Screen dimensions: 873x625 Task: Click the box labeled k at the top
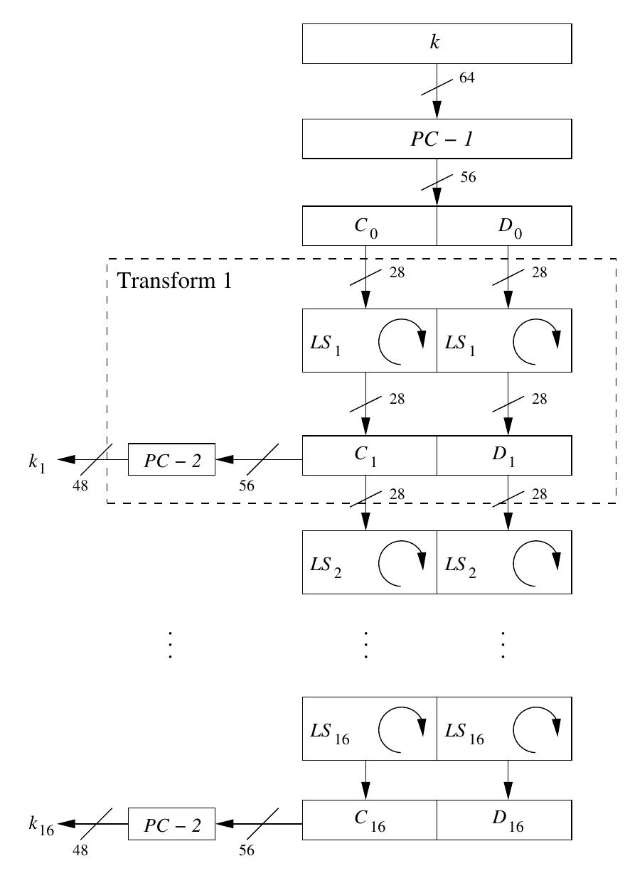tap(437, 43)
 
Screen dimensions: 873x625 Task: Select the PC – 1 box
tap(437, 139)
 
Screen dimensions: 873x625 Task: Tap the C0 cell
tap(369, 226)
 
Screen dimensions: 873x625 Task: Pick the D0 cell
tap(504, 226)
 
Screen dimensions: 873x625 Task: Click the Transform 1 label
tap(174, 280)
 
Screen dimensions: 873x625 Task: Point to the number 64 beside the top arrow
tap(466, 77)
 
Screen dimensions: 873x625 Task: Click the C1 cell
tap(369, 455)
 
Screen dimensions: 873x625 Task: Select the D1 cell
tap(504, 455)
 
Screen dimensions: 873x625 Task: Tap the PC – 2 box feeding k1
tap(171, 459)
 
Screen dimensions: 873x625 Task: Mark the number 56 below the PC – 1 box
tap(467, 177)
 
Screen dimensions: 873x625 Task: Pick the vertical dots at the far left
tap(170, 645)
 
